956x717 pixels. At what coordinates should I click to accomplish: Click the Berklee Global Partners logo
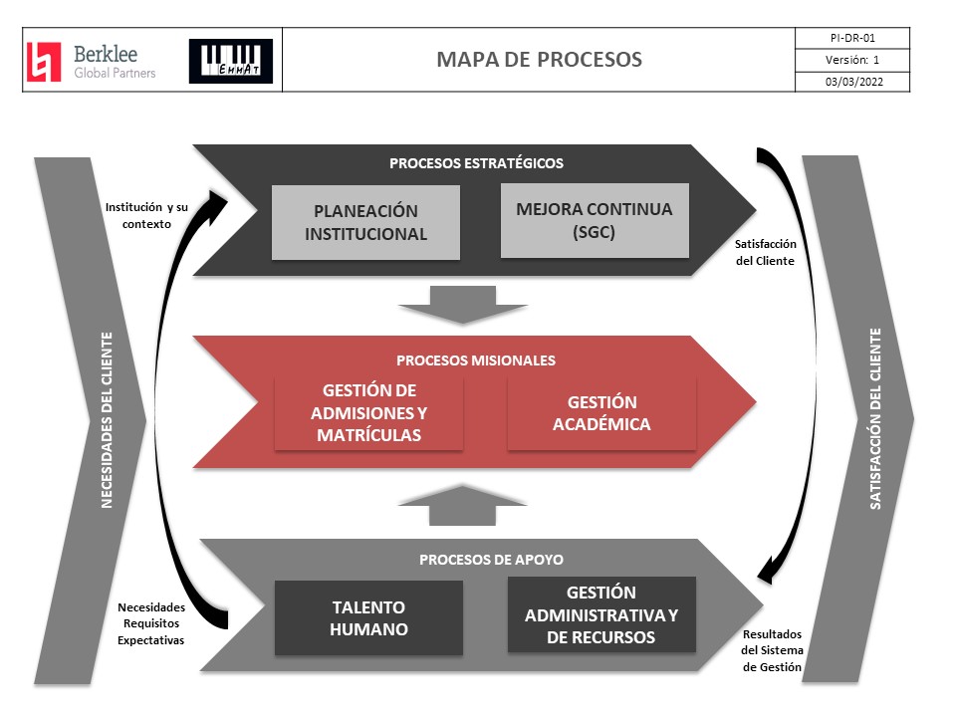pos(91,61)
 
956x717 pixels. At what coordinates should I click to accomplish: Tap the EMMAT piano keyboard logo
pos(230,61)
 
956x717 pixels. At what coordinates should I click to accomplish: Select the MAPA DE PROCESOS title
pos(539,60)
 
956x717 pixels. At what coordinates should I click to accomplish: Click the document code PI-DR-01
pos(853,38)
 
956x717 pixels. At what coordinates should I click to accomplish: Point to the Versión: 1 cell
pos(853,60)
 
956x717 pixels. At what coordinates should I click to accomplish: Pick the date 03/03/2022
pos(853,83)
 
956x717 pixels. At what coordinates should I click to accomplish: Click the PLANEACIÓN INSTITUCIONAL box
pos(365,223)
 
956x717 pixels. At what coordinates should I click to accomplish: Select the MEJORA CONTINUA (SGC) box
pos(595,220)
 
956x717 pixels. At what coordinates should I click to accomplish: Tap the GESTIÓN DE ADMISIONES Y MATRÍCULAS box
pos(368,412)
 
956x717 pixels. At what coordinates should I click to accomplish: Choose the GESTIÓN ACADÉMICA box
pos(601,412)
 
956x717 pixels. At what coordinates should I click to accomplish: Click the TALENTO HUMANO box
pos(368,617)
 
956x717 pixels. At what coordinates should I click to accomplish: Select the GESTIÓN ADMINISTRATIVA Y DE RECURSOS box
pos(601,614)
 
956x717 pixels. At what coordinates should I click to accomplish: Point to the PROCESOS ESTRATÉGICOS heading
pos(476,163)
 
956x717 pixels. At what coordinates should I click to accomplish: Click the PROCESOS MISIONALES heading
pos(476,359)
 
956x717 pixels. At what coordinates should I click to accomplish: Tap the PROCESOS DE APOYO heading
pos(476,559)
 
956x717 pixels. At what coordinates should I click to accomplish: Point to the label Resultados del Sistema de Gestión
pos(772,651)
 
